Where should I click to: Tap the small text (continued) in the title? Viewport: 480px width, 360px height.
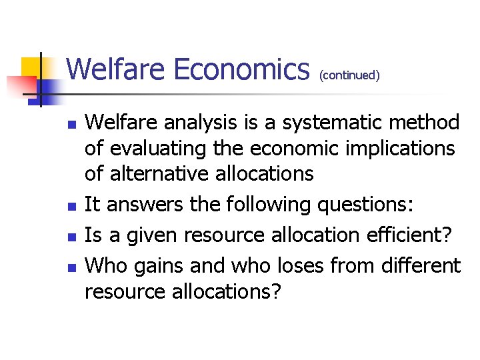coord(349,75)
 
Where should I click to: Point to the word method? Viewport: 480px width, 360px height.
coord(425,123)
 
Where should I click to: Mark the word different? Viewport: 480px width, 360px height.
coord(420,265)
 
